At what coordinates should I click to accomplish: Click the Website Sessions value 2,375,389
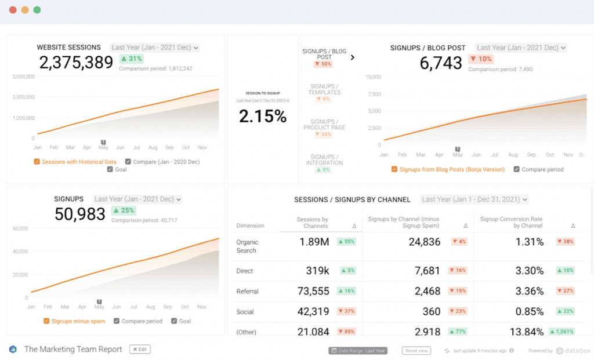pyautogui.click(x=76, y=63)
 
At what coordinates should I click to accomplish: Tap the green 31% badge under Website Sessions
pyautogui.click(x=131, y=59)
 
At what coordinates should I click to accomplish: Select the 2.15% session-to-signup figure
pyautogui.click(x=263, y=117)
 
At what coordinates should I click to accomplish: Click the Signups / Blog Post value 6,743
pyautogui.click(x=441, y=63)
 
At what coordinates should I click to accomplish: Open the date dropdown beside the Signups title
pyautogui.click(x=138, y=199)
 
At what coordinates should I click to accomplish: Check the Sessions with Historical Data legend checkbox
pyautogui.click(x=37, y=162)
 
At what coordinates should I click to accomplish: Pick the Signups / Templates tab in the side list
pyautogui.click(x=324, y=90)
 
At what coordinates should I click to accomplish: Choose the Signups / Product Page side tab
pyautogui.click(x=324, y=124)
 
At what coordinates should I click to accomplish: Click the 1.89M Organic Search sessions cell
pyautogui.click(x=314, y=242)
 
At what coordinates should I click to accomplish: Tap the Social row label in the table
pyautogui.click(x=245, y=312)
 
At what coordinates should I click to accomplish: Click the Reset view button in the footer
pyautogui.click(x=416, y=351)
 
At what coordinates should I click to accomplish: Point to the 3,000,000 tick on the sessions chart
pyautogui.click(x=23, y=77)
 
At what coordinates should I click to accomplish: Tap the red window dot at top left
pyautogui.click(x=13, y=10)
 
